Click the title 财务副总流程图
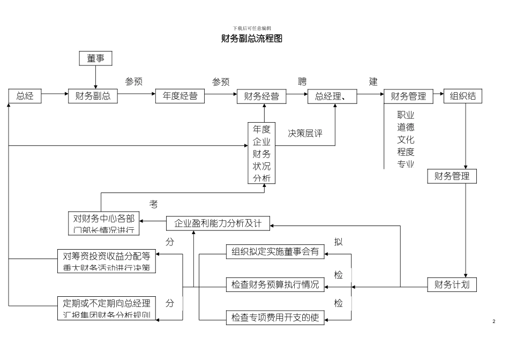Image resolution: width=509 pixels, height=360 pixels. click(251, 39)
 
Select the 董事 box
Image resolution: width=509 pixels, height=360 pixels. click(96, 58)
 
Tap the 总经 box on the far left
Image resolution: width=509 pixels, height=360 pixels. click(25, 96)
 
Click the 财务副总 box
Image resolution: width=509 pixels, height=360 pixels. click(93, 96)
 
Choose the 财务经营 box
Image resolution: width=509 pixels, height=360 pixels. click(261, 96)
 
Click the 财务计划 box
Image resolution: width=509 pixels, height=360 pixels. click(452, 284)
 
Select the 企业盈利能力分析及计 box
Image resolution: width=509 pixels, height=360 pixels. click(218, 223)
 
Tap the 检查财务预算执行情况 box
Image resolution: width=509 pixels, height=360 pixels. click(275, 285)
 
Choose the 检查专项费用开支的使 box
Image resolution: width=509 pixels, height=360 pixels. click(275, 318)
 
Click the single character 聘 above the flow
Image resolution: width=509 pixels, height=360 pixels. click(303, 82)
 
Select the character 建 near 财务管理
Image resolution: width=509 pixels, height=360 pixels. click(373, 82)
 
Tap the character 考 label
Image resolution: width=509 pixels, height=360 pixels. click(154, 204)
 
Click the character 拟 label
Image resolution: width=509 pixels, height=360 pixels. click(338, 242)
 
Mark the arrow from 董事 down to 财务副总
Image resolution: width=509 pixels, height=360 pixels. click(96, 78)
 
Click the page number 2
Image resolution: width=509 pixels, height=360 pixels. click(493, 321)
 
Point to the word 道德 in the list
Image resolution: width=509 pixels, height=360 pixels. click(406, 127)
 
